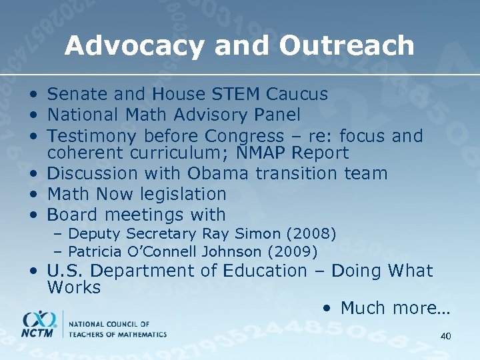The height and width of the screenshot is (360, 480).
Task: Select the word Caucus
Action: pyautogui.click(x=298, y=95)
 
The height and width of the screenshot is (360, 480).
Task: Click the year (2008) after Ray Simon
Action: pyautogui.click(x=312, y=233)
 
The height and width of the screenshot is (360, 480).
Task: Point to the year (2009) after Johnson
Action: pyautogui.click(x=293, y=251)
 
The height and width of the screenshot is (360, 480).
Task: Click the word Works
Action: pyautogui.click(x=73, y=287)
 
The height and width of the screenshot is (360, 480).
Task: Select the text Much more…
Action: pyautogui.click(x=395, y=308)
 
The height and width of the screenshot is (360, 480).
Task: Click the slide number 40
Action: pyautogui.click(x=445, y=336)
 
